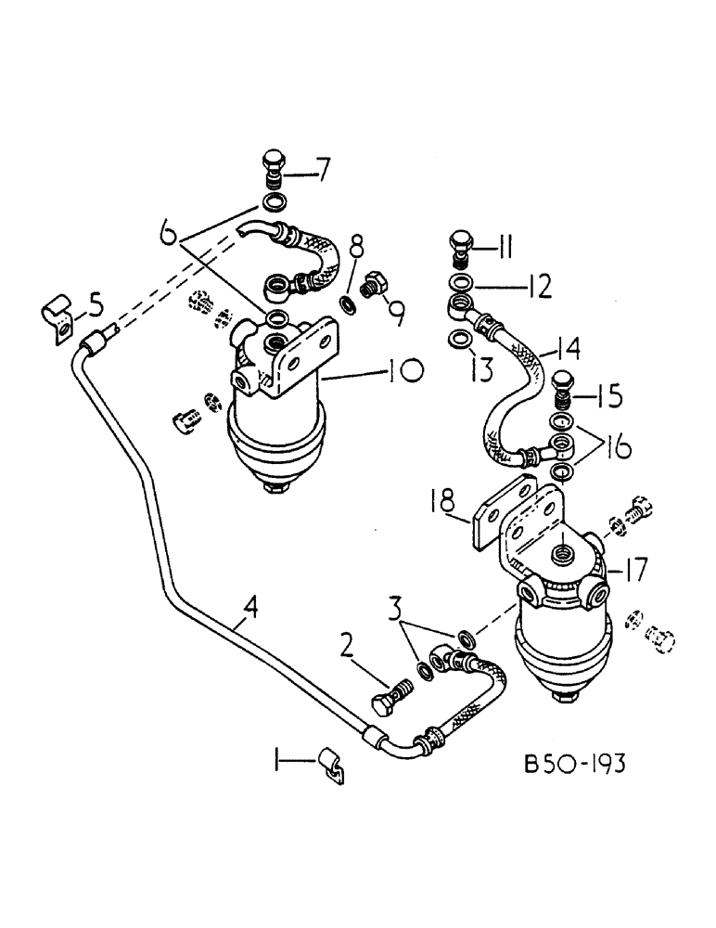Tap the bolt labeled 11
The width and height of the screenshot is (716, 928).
[x=461, y=245]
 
